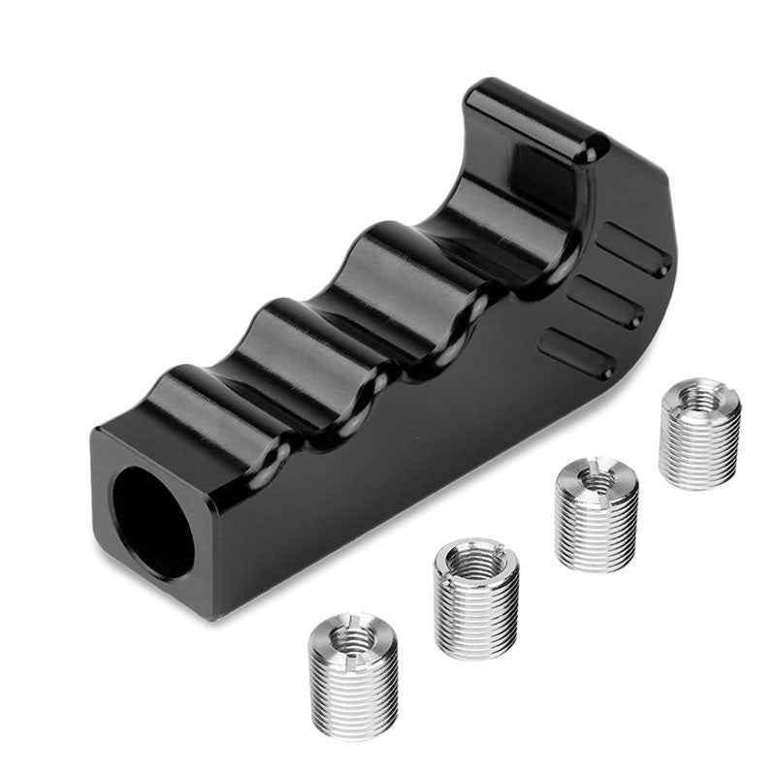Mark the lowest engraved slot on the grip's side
click(x=578, y=354)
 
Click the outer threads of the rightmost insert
click(x=698, y=451)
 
